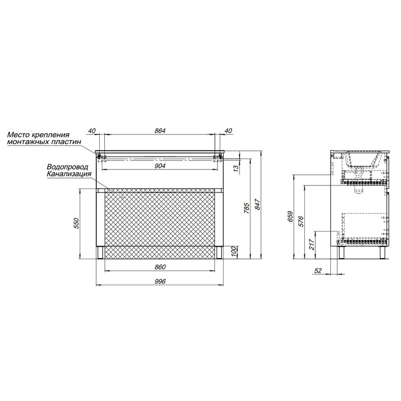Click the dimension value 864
tap(160, 131)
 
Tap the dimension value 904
tap(160, 166)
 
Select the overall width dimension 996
tap(160, 282)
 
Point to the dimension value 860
tap(160, 267)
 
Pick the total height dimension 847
tap(257, 205)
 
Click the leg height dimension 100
tap(236, 253)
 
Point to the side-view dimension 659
tap(290, 217)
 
